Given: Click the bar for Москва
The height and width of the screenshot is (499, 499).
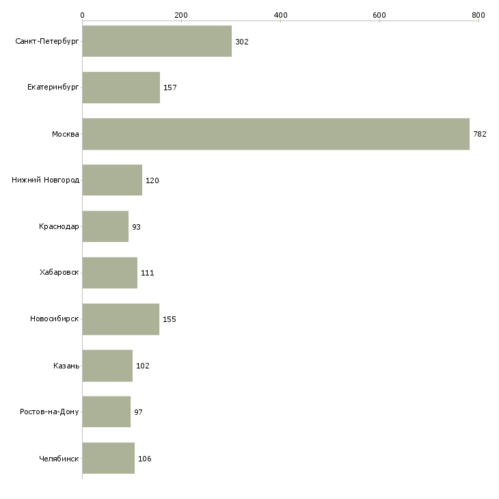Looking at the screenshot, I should (275, 134).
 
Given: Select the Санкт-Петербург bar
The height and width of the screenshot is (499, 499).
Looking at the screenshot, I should (157, 42).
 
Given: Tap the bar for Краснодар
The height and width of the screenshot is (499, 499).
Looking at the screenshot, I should (105, 226).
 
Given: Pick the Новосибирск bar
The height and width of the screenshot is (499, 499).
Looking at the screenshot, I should (120, 319).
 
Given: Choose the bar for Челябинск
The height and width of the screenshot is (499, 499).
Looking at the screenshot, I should (108, 458).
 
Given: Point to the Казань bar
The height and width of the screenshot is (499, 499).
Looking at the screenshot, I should (107, 366).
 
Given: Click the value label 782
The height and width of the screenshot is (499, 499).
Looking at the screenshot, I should (480, 134).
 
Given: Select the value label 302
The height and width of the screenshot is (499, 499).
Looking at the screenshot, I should (242, 42).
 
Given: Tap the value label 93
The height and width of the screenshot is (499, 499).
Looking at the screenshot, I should (137, 226).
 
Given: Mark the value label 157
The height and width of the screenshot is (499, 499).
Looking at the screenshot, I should (170, 87).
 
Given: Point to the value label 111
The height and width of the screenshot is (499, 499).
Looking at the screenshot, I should (148, 273).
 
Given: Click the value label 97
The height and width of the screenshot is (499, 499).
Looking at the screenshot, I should (139, 412).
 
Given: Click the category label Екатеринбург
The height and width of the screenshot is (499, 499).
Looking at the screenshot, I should (53, 87).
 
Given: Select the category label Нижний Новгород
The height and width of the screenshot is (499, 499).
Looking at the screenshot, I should (46, 180).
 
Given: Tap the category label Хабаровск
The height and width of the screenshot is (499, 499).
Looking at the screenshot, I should (59, 273).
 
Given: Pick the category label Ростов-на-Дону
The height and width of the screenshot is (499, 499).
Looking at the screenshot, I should (50, 412).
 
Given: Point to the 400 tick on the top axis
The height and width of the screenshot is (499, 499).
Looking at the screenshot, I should (280, 15).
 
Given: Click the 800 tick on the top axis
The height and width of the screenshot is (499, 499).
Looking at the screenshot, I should (478, 15).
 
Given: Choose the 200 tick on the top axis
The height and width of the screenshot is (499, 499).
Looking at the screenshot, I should (181, 15).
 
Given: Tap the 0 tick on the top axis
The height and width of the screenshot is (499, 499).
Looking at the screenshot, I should (82, 15).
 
